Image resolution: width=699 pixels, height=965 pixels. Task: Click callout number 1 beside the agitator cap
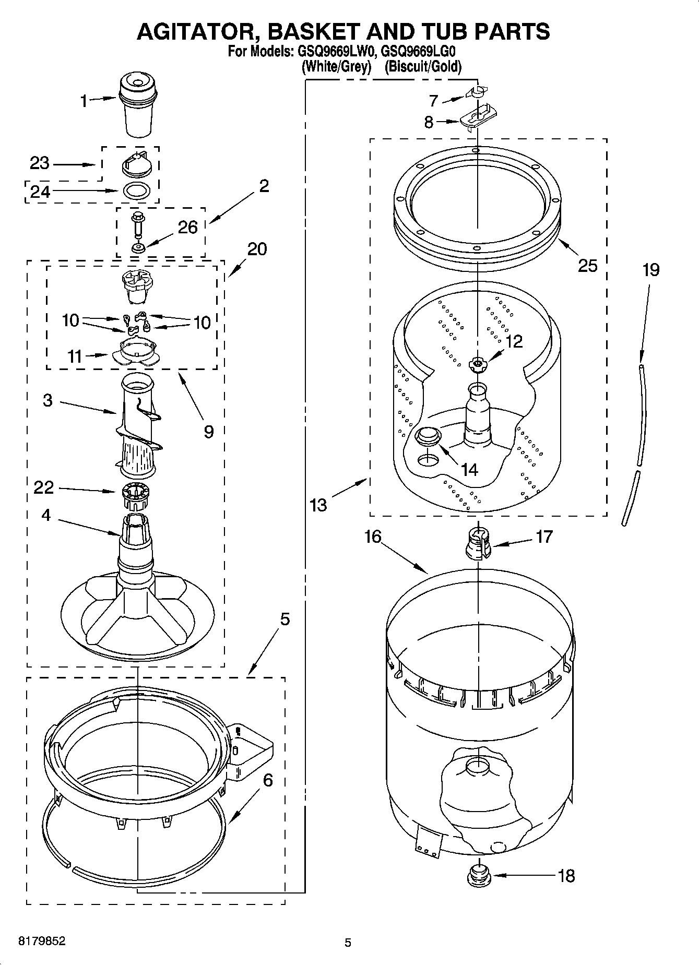[84, 101]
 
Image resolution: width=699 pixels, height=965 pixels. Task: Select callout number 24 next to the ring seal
[40, 192]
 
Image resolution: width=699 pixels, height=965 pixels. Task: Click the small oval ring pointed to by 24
[138, 190]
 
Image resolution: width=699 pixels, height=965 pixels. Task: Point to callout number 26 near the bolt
[187, 227]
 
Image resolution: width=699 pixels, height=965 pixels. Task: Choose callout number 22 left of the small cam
[43, 487]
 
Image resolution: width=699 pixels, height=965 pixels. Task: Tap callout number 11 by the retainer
[75, 356]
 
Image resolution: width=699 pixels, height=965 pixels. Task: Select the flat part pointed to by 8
[478, 117]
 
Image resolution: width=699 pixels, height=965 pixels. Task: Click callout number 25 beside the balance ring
[588, 266]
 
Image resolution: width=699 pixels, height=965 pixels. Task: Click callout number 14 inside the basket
[470, 469]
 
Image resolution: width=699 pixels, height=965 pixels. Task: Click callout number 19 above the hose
[650, 270]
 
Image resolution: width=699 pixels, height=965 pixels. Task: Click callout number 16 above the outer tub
[373, 537]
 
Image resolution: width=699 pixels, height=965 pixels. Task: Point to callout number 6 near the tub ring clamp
[268, 780]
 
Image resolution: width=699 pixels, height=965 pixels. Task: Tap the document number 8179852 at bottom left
[42, 941]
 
